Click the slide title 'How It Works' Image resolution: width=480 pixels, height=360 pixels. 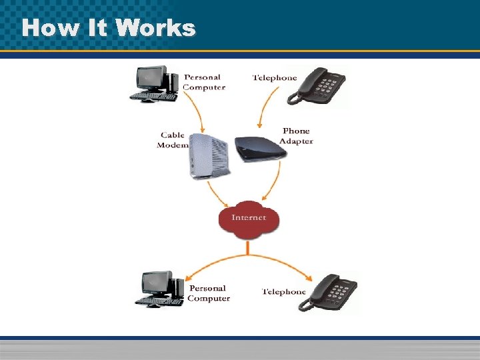tap(108, 28)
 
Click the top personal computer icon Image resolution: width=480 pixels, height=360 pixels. tap(155, 83)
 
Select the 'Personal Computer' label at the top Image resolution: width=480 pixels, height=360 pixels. tap(204, 82)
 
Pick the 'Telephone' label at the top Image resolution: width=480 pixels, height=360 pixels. tap(275, 78)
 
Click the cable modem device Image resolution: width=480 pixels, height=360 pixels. tap(209, 156)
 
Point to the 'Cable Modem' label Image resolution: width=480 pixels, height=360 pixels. tap(172, 140)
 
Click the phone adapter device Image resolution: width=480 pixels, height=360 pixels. tap(260, 147)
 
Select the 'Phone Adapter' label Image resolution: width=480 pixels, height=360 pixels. tap(296, 136)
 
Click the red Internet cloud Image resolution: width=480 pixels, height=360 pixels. tap(248, 218)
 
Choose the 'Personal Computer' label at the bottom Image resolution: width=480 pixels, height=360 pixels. tap(209, 293)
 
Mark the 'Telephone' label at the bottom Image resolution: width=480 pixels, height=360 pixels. tap(284, 292)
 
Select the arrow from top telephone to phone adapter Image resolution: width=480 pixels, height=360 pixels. tap(265, 110)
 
